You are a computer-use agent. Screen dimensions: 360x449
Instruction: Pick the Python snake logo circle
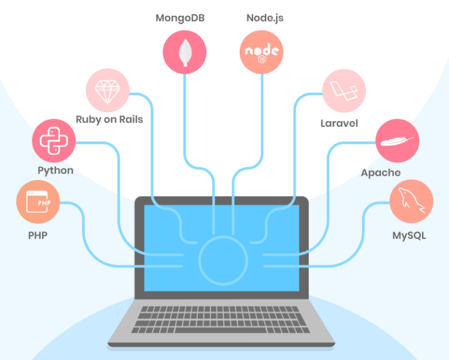coord(54,141)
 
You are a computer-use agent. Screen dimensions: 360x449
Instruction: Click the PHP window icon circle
coord(38,202)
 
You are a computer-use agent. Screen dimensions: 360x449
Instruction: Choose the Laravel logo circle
coord(344,91)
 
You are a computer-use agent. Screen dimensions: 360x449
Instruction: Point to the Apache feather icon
coord(398,141)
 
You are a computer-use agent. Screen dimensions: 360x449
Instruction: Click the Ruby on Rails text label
coord(109,119)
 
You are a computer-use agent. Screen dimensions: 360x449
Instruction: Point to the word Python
coord(56,171)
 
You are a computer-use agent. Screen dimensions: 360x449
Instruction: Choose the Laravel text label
coord(339,123)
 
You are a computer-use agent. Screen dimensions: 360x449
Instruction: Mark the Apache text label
coord(381,172)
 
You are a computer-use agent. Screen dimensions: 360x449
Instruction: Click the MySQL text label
coord(409,236)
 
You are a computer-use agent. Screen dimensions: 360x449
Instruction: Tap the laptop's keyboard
coord(224,319)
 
